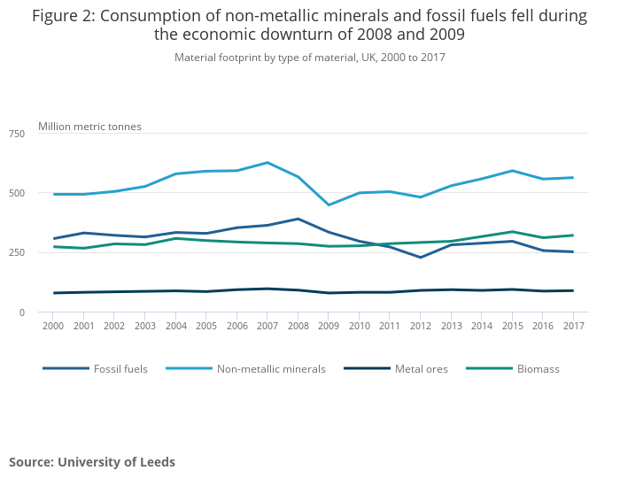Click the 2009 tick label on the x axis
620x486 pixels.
point(329,327)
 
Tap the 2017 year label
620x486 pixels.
point(573,327)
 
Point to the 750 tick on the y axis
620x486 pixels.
point(17,134)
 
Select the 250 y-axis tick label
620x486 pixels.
point(17,253)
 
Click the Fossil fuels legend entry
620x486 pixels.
point(120,368)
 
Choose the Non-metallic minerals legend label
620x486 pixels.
point(271,368)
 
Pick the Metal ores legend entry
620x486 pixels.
point(422,368)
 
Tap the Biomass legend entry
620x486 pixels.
point(538,368)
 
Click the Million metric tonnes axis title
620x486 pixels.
point(89,127)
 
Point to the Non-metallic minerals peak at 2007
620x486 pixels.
point(267,162)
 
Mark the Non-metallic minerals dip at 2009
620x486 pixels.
point(329,205)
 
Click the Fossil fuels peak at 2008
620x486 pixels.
point(298,219)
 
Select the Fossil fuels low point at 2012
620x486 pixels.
point(421,258)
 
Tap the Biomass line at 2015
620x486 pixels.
point(512,232)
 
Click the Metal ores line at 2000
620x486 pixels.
point(53,293)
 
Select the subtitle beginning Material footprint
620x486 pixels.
point(310,58)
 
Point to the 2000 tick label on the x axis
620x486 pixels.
point(53,327)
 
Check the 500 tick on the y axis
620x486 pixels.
point(17,193)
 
